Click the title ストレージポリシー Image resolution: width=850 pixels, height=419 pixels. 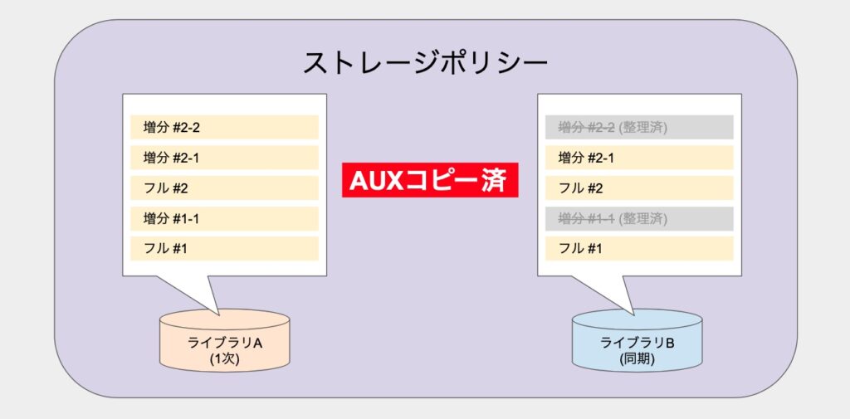click(425, 64)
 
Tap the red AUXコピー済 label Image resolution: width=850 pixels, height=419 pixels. click(430, 180)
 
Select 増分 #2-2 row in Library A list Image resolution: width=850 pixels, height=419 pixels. click(224, 128)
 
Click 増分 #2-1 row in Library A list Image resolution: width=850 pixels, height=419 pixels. click(224, 158)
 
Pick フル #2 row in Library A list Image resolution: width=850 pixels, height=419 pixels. click(224, 188)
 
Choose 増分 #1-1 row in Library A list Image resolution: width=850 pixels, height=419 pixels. click(224, 218)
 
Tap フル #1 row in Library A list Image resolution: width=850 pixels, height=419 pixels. click(224, 248)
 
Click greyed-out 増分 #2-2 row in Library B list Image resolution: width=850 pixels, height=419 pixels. click(639, 128)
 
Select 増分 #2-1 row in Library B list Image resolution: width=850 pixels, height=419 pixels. click(639, 158)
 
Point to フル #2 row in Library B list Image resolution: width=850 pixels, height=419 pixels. click(639, 188)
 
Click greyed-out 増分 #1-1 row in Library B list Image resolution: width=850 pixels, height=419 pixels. click(639, 218)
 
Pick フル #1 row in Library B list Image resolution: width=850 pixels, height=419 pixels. click(639, 248)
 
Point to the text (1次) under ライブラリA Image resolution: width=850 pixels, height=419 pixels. click(224, 358)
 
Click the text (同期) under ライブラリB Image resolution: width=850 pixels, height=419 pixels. click(637, 358)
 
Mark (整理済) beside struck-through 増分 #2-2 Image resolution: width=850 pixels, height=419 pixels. click(642, 128)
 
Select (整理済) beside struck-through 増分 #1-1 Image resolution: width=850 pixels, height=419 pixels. click(642, 219)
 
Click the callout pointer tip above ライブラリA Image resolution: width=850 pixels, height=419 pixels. click(219, 314)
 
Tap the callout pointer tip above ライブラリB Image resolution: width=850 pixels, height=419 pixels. click(633, 314)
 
